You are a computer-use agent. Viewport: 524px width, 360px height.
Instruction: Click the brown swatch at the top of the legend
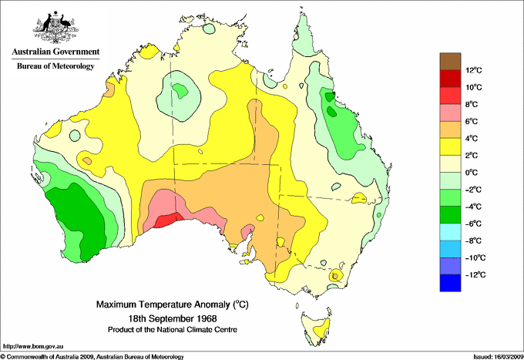click(x=450, y=61)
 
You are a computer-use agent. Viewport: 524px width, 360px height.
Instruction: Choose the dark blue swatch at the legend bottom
click(x=450, y=283)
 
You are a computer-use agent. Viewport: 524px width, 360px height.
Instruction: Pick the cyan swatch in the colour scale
click(x=450, y=232)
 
